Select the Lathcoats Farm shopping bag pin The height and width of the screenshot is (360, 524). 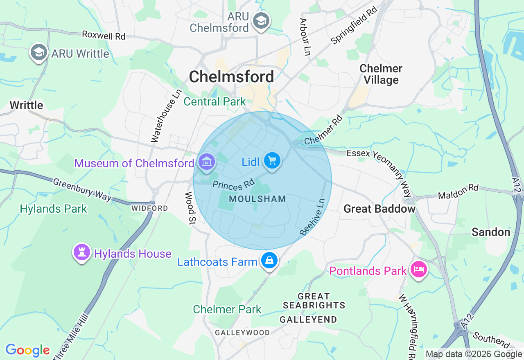269,260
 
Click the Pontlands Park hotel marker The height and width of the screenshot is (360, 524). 419,270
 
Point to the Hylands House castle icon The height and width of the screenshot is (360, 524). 82,252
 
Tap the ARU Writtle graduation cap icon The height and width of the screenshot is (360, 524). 39,52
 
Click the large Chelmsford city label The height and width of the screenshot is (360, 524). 231,76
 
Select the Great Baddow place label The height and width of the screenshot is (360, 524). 379,209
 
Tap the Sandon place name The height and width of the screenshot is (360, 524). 491,232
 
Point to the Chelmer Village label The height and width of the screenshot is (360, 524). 381,74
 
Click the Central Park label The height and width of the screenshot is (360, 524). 215,101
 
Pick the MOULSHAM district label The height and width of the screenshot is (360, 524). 257,199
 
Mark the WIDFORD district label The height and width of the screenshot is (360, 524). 149,208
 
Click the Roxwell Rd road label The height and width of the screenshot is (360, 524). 104,35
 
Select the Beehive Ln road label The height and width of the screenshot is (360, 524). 312,217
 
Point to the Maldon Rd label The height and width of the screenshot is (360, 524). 458,191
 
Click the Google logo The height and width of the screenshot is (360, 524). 27,350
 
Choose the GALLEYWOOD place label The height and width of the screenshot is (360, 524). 243,333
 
